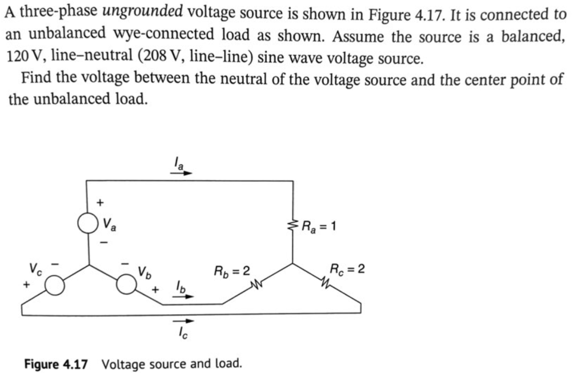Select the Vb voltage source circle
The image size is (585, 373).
point(126,283)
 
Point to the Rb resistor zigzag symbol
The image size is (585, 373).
point(255,282)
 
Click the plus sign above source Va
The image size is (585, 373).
point(100,202)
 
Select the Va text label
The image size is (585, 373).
point(109,225)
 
